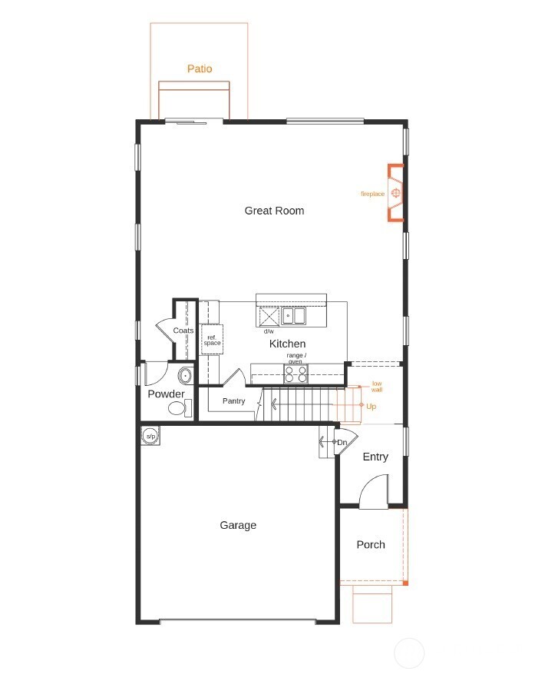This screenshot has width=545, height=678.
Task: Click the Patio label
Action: tap(200, 69)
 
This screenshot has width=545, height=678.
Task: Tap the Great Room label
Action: tap(274, 211)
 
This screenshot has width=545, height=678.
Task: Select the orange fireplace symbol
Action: tap(396, 193)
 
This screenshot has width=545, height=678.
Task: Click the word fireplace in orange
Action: tap(372, 194)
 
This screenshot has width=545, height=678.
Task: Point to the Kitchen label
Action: tap(287, 344)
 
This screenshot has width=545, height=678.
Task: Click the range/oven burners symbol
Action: tap(296, 374)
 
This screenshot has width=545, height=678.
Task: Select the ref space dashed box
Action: tap(212, 339)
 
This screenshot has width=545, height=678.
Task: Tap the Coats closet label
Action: tap(183, 331)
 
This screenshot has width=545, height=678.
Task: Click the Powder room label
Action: tap(166, 394)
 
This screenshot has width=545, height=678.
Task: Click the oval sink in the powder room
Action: tap(185, 376)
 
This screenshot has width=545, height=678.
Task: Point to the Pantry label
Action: tap(233, 401)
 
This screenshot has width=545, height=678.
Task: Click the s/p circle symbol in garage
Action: tap(150, 437)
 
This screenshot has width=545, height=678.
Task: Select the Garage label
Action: tap(238, 526)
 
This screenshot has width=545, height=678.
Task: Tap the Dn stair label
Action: tap(342, 443)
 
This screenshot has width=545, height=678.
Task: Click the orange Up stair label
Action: tap(371, 406)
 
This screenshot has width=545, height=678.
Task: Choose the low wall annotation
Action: tap(377, 387)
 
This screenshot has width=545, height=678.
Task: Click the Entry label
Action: tap(375, 457)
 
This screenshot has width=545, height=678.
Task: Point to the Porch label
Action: tap(371, 545)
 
